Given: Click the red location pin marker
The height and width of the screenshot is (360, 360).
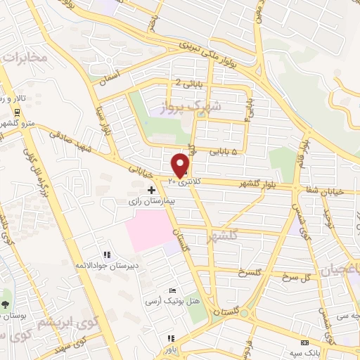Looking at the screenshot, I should coord(181,165).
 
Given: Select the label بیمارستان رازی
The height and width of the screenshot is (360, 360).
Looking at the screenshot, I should coord(153,201).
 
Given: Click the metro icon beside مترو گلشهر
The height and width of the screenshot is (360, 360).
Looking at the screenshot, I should coord(15,112).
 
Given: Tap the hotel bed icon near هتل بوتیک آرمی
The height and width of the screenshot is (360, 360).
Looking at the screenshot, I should coord(173,291).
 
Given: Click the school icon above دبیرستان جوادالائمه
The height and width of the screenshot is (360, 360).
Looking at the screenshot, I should coord(106,255).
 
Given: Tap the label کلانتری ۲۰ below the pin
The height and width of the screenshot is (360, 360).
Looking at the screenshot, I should coord(182,181).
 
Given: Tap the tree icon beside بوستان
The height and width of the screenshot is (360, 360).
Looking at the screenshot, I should coord(6,304).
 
